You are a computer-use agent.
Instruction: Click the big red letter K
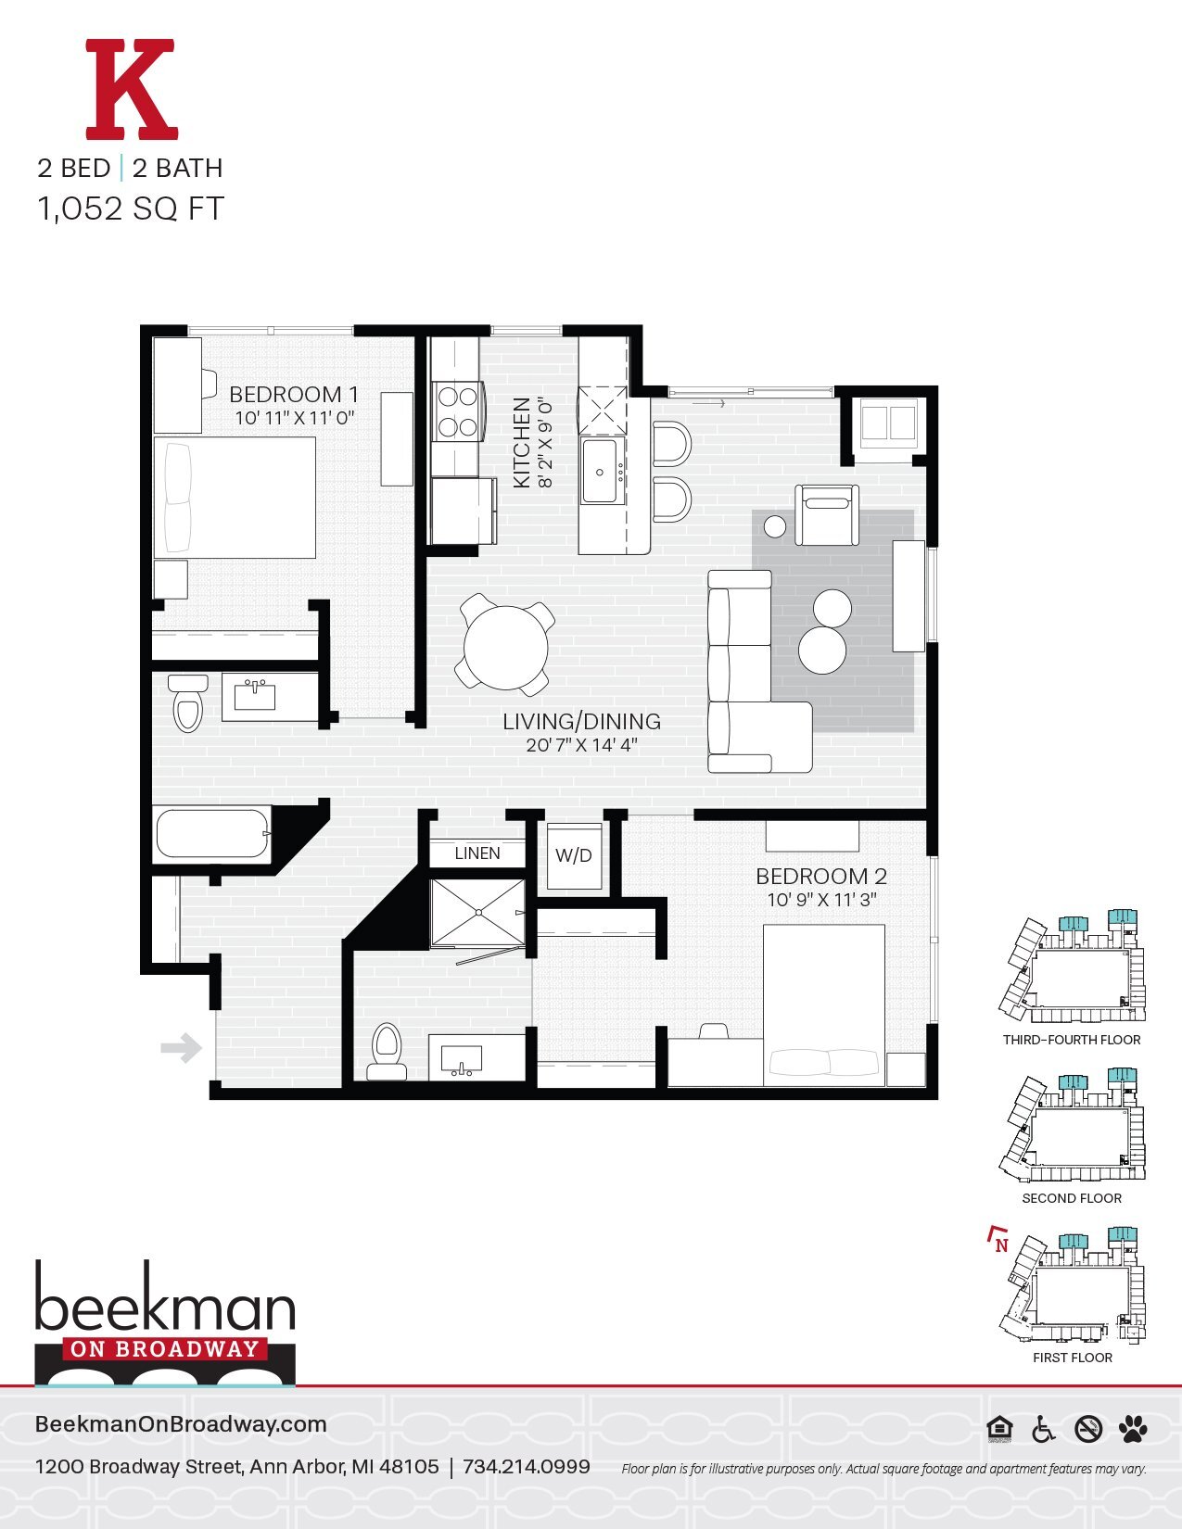[131, 89]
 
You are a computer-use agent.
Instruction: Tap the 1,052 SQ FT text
[131, 208]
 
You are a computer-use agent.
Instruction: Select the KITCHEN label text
[521, 443]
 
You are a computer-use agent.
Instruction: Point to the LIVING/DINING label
[581, 722]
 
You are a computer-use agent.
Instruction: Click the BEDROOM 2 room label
[821, 877]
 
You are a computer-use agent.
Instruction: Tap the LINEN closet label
[477, 853]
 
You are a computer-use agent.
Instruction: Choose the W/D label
[573, 856]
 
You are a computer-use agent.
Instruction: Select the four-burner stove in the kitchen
[457, 411]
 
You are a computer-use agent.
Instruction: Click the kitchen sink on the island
[601, 472]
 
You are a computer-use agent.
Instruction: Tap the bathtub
[211, 834]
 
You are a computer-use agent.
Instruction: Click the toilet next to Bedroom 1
[188, 703]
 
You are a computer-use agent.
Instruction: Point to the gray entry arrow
[182, 1049]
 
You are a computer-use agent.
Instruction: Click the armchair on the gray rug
[827, 515]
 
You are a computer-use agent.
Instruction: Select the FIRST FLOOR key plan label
[1073, 1358]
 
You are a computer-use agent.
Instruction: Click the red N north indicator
[999, 1243]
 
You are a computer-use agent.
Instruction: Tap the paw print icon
[1133, 1429]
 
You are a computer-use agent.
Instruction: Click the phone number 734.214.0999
[526, 1467]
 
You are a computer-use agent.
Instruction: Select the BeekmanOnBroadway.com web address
[181, 1424]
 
